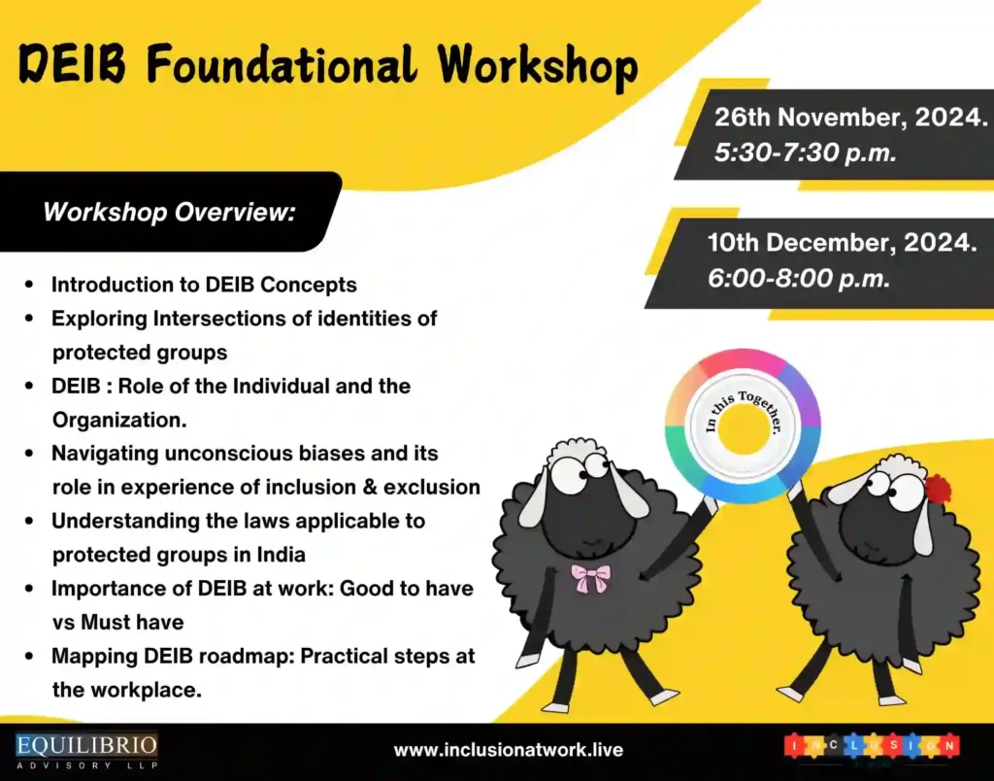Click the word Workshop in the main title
click(537, 67)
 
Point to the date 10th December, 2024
click(842, 243)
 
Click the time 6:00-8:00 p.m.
click(799, 278)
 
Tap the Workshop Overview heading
click(169, 211)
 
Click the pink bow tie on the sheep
click(591, 578)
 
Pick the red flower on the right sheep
click(938, 488)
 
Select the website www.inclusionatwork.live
click(508, 750)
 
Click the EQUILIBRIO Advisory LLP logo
click(86, 750)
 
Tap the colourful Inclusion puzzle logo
click(872, 747)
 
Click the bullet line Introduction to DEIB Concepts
click(204, 285)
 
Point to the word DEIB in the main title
click(74, 67)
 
